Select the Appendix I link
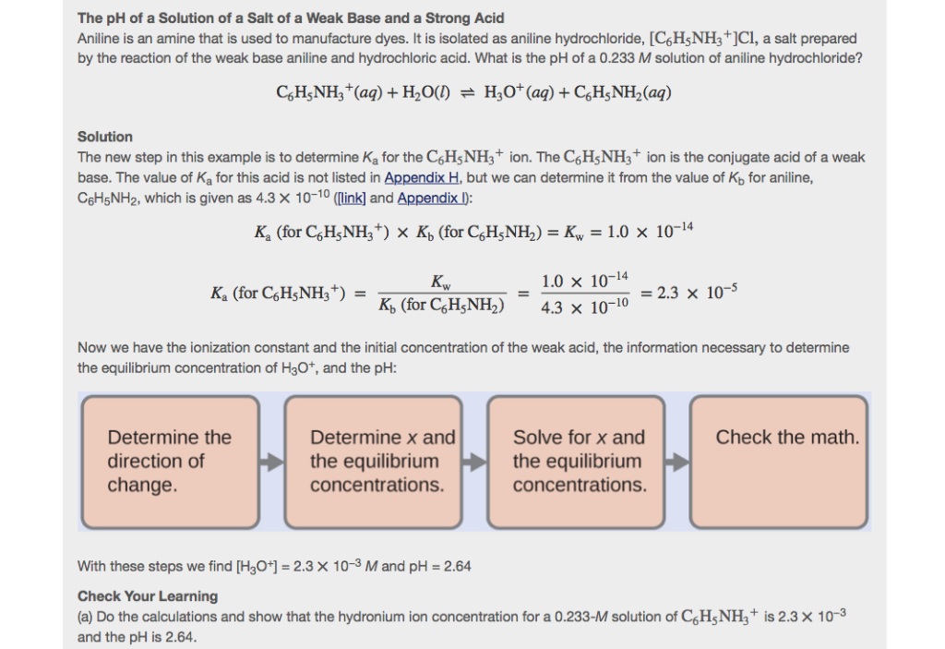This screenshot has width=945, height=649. (x=433, y=198)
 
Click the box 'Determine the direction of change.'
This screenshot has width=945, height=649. (x=170, y=462)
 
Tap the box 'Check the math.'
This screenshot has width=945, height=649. (x=780, y=462)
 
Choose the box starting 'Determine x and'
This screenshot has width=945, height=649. (x=374, y=462)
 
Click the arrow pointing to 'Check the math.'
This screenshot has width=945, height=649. (x=677, y=462)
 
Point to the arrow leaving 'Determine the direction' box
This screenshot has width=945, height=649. (x=271, y=462)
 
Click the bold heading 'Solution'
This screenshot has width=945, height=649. (x=105, y=137)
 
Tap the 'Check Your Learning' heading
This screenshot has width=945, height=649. (x=148, y=596)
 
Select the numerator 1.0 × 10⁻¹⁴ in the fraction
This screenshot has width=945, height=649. (x=585, y=280)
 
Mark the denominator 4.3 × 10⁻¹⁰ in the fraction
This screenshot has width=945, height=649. (x=584, y=306)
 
